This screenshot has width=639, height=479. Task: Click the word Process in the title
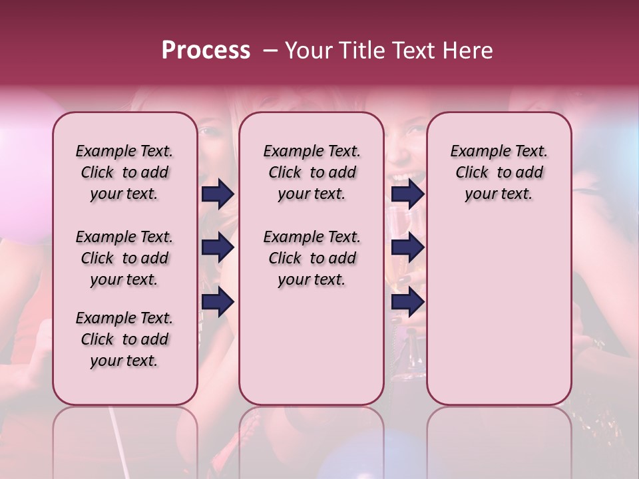206,51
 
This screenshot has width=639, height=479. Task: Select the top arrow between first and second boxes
218,194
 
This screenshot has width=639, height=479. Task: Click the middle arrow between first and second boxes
218,248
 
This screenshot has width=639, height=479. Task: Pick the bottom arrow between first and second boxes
218,302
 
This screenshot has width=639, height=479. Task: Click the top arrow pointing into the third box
407,194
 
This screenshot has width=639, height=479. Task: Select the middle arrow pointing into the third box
407,248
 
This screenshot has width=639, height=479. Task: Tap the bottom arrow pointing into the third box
407,302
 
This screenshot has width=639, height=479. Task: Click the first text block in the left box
124,172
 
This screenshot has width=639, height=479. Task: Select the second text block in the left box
124,258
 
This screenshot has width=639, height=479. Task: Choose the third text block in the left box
124,339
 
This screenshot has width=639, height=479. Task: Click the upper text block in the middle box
312,172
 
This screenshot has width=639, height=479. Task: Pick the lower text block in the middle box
312,258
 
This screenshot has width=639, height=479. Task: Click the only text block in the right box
499,172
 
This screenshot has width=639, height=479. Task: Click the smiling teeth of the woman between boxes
405,177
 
